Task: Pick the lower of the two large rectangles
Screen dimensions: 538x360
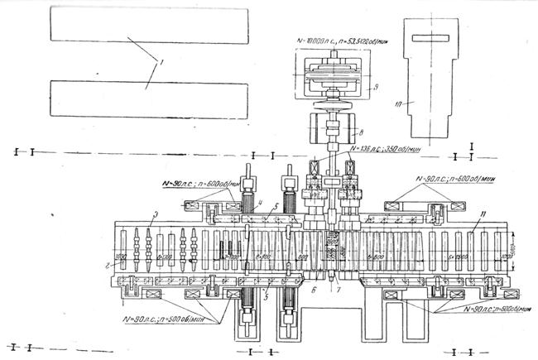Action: click(149, 98)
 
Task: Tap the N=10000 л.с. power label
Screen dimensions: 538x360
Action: click(340, 38)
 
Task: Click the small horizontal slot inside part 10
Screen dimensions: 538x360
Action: click(435, 36)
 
